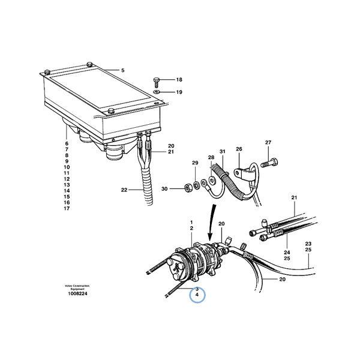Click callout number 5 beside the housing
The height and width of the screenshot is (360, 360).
click(x=123, y=70)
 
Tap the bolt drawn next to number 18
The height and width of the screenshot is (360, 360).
click(x=156, y=82)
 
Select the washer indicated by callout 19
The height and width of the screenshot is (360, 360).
click(x=157, y=92)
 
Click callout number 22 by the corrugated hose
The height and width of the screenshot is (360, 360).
click(x=124, y=190)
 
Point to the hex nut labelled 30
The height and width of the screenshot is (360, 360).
click(x=188, y=189)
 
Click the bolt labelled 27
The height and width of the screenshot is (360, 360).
click(x=269, y=163)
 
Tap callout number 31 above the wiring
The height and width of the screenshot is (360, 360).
click(x=223, y=152)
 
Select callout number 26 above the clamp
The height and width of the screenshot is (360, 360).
click(x=239, y=149)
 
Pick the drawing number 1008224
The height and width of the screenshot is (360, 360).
click(x=77, y=293)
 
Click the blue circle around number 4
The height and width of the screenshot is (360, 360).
click(x=197, y=295)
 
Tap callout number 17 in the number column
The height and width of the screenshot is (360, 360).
click(x=67, y=208)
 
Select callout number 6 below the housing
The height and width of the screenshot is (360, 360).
click(x=67, y=143)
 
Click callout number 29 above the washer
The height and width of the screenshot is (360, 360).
click(x=195, y=163)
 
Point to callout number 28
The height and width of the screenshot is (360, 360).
click(x=211, y=157)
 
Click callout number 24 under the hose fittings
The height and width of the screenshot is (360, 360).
click(x=287, y=253)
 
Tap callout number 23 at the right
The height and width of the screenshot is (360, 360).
click(x=308, y=244)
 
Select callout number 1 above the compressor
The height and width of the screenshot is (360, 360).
click(x=191, y=222)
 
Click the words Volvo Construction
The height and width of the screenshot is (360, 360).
click(x=77, y=286)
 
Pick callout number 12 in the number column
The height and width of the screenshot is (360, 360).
click(x=67, y=179)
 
